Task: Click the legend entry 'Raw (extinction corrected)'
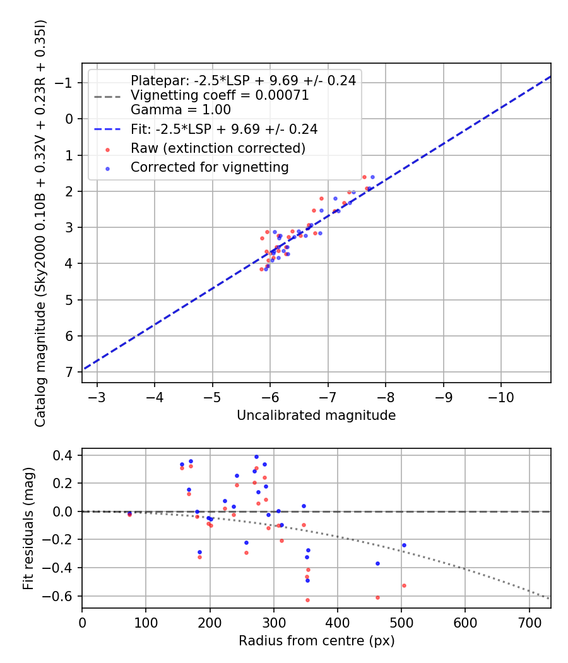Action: (x=218, y=149)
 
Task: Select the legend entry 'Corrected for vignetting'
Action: (x=210, y=168)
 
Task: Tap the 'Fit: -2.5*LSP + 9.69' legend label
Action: (x=223, y=129)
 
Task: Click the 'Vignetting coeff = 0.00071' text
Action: (x=220, y=95)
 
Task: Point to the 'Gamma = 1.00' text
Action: (x=172, y=109)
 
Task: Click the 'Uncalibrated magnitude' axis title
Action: (x=316, y=415)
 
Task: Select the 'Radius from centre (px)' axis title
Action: (x=316, y=641)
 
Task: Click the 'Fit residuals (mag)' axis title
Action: (x=28, y=528)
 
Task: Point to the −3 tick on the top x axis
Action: (x=97, y=397)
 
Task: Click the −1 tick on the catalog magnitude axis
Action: (x=68, y=83)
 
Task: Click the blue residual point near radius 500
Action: (x=404, y=545)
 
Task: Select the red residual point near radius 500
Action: (x=404, y=585)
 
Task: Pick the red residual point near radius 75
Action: (x=130, y=515)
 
